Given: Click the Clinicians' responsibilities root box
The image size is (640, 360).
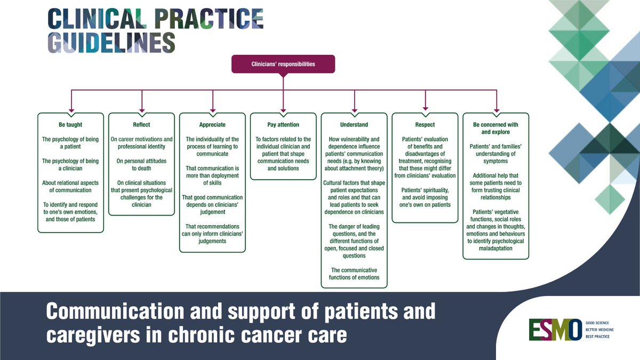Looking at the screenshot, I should (283, 64).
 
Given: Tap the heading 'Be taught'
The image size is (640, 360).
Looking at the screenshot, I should (70, 125).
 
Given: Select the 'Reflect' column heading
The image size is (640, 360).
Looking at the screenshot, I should (141, 125).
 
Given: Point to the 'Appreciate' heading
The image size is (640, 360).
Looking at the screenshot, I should (212, 125).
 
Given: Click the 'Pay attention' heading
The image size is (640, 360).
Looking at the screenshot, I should (283, 125).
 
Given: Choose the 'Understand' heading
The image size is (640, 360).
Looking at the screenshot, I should (354, 125).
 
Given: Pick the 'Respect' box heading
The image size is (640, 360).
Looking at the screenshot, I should (425, 125).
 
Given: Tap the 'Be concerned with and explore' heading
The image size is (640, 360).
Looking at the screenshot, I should (496, 128).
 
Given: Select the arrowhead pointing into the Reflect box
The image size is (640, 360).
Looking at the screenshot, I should (142, 109).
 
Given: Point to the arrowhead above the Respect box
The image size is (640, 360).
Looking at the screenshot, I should (425, 109).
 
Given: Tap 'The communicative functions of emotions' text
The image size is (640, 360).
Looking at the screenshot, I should (354, 274).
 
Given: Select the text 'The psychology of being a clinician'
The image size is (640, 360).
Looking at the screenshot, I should (70, 168).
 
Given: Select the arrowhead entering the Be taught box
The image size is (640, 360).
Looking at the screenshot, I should (71, 109).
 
